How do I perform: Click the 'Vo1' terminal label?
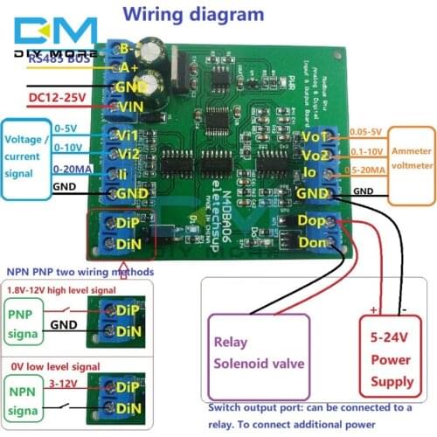(312, 137)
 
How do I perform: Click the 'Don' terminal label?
(311, 241)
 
